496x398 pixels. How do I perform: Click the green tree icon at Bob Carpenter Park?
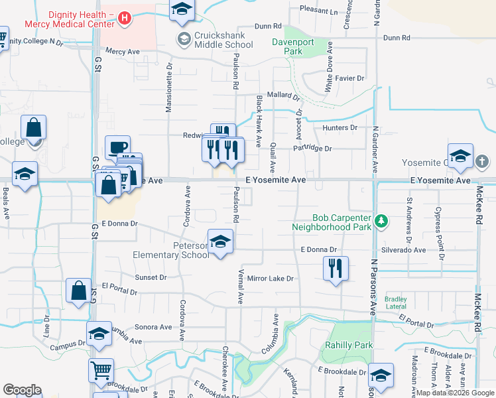coord(381,221)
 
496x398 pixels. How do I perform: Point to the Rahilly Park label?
coord(349,345)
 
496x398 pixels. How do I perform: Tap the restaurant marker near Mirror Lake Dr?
coord(336,269)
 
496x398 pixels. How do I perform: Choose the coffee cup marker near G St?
coord(118,147)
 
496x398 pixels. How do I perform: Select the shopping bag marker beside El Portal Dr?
coord(79,291)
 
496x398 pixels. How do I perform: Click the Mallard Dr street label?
coord(284,95)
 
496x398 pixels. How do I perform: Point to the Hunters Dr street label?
coord(340,127)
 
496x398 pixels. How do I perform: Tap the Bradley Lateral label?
coord(396,302)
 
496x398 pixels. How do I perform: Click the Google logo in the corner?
coord(22,390)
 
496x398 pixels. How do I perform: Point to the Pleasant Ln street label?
coord(319,11)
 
